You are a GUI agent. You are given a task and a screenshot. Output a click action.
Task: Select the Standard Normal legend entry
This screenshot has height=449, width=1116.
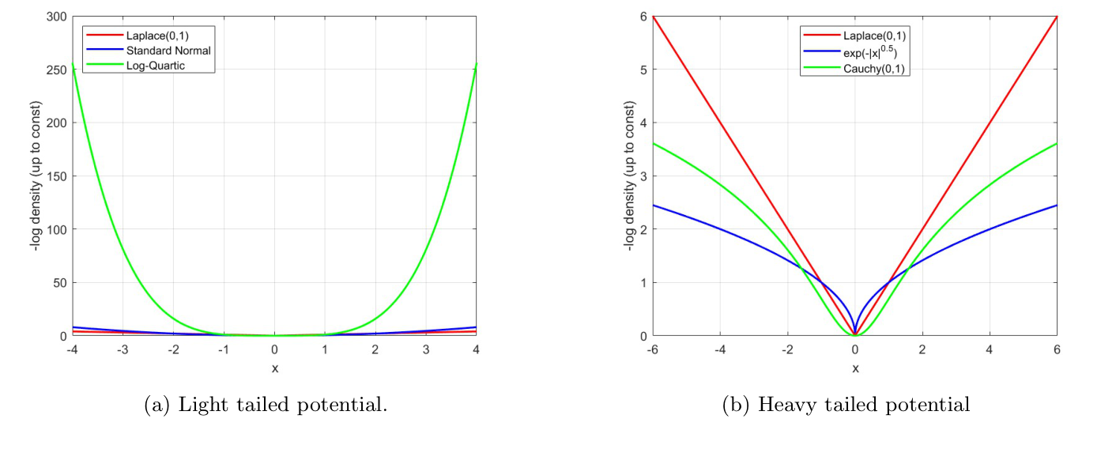point(168,51)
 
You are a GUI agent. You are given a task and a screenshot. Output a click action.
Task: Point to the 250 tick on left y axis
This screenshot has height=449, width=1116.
point(57,70)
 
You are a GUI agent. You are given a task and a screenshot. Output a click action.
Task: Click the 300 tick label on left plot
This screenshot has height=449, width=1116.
point(57,16)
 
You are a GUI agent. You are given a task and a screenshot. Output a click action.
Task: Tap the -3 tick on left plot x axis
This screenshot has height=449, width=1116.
point(123,349)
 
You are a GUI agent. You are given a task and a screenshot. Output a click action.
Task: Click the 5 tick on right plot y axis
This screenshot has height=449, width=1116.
point(643,70)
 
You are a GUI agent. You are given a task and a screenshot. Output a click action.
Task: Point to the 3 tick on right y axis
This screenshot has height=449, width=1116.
point(643,175)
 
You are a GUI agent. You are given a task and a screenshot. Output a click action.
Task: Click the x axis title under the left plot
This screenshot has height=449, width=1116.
point(274,368)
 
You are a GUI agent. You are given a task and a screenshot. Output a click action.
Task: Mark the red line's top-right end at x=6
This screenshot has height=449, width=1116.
point(1057,17)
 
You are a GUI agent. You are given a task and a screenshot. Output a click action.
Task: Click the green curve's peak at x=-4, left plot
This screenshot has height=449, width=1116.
point(74,65)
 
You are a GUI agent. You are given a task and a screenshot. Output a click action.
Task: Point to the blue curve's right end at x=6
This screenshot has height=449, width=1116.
point(1057,206)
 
